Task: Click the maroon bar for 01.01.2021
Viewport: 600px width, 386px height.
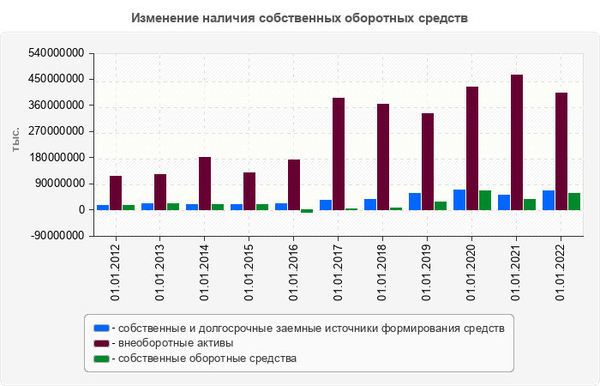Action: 517,142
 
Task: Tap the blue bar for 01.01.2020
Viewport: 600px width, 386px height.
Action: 459,200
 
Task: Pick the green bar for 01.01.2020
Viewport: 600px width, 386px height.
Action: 485,200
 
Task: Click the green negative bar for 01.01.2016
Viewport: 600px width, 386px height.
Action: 307,211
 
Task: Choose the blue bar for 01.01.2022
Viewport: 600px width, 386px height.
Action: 549,200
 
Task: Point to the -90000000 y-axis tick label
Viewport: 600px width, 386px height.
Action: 57,236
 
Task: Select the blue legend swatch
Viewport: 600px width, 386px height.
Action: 101,328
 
